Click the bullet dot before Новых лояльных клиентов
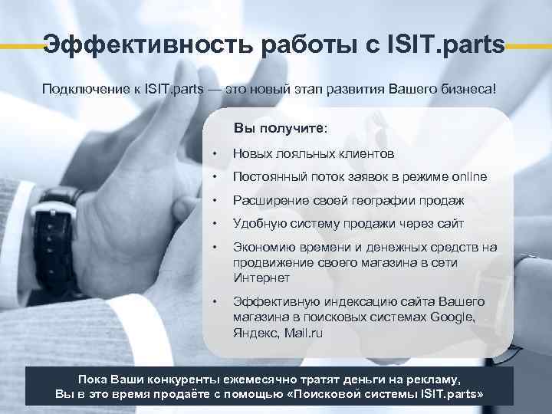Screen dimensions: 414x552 [218, 154]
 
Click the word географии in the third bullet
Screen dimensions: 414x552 [379, 201]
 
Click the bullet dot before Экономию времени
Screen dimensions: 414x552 [218, 248]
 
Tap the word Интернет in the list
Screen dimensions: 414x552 [261, 278]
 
